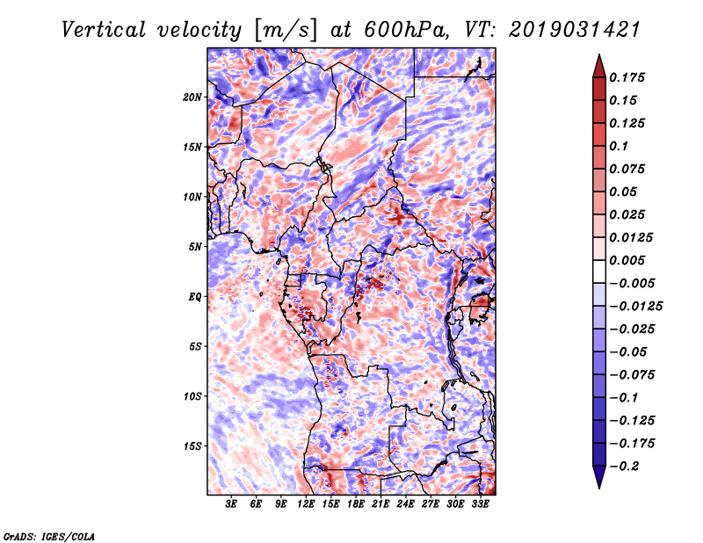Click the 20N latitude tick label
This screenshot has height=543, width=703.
(192, 98)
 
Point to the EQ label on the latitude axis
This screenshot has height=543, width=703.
(194, 297)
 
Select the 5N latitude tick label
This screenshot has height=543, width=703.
(195, 247)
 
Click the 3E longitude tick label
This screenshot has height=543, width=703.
(231, 503)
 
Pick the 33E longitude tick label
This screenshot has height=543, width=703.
(480, 503)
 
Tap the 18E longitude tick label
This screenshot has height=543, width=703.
(356, 503)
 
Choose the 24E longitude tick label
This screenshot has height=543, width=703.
(405, 503)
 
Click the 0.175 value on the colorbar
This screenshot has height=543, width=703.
(627, 77)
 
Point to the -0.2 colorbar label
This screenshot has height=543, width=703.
(624, 467)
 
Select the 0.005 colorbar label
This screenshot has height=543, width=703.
(627, 260)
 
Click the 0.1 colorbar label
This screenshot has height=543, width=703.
(619, 146)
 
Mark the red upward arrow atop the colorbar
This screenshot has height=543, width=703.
(599, 66)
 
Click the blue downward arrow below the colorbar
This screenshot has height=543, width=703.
(599, 477)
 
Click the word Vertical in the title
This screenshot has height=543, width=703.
(104, 30)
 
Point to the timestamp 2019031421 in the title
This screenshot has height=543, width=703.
(575, 30)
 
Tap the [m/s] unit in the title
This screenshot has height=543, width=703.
(286, 30)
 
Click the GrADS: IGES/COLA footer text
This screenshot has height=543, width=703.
(49, 536)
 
